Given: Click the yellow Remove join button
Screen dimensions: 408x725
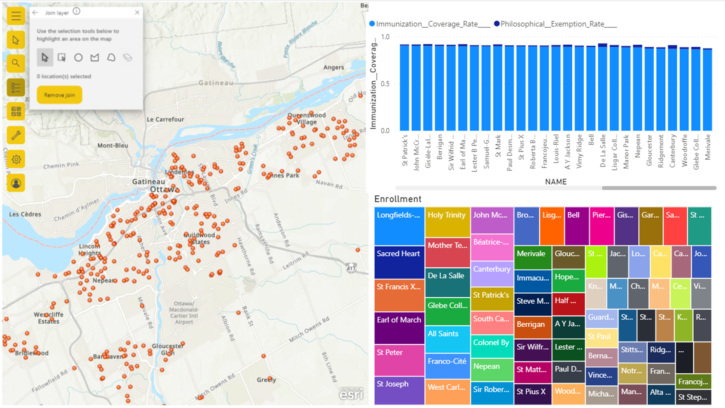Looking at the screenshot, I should [x=59, y=95].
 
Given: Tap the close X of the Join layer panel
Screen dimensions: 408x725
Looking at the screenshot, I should [x=137, y=12].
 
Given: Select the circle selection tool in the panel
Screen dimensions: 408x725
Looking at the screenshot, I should [x=78, y=57].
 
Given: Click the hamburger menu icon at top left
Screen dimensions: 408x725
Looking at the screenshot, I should [x=16, y=16].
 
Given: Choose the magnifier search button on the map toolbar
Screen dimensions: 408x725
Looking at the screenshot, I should [x=16, y=63].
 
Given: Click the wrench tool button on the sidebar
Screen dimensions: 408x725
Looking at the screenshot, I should [x=16, y=135].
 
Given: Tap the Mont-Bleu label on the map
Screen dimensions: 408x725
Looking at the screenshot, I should [x=113, y=145].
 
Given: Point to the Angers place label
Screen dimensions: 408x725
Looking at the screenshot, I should [x=333, y=67].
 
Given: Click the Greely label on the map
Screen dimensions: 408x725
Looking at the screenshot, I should [x=266, y=380].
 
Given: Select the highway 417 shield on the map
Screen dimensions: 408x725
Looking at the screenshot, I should [x=351, y=268].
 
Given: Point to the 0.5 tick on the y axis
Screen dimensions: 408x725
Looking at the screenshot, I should [x=385, y=84].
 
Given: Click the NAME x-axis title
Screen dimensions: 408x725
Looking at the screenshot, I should [x=555, y=182].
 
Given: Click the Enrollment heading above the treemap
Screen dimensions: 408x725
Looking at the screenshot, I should [x=398, y=199].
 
